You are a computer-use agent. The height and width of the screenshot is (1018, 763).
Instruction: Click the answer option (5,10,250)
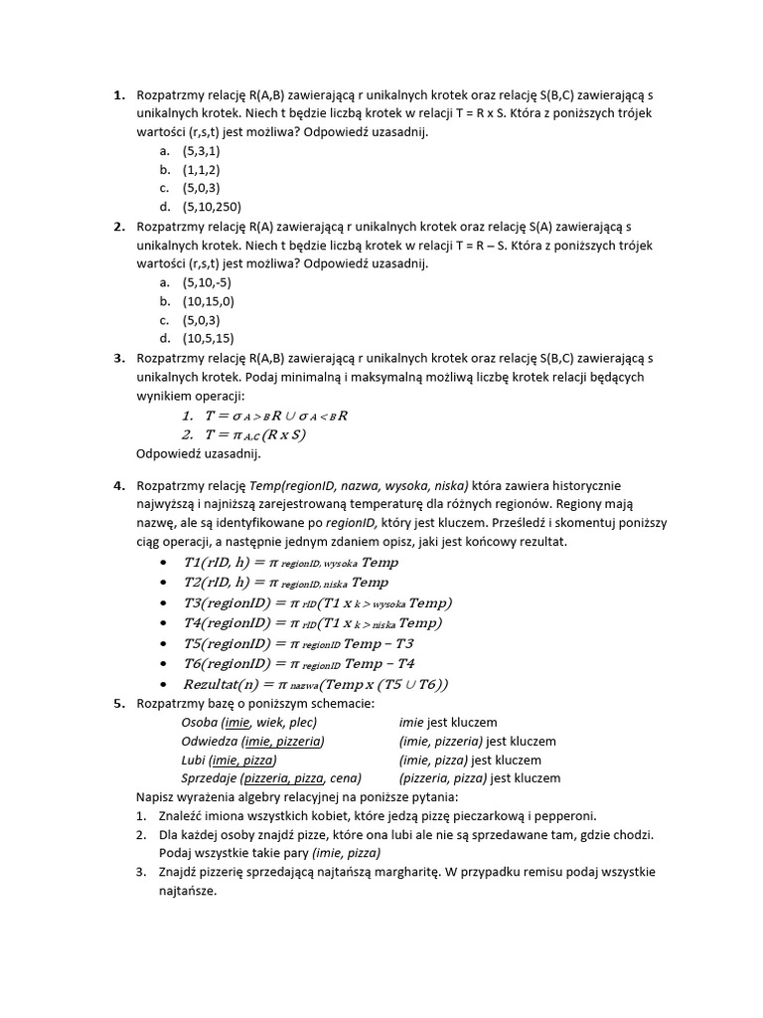(x=212, y=207)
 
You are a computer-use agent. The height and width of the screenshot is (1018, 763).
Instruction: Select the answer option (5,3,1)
(x=201, y=151)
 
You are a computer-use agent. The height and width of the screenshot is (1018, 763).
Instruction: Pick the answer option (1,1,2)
(x=201, y=170)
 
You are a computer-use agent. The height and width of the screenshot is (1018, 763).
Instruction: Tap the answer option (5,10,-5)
(x=206, y=282)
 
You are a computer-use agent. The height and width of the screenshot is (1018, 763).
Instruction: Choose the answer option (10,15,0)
(x=208, y=301)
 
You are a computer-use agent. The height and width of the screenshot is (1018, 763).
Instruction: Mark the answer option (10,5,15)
(x=208, y=338)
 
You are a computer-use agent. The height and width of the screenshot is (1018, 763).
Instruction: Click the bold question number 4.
(x=118, y=485)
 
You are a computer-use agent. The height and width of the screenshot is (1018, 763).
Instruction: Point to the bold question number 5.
(x=118, y=704)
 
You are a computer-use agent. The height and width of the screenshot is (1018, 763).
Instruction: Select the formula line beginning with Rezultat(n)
(x=316, y=684)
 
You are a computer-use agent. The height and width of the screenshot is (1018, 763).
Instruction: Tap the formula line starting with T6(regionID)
(x=299, y=663)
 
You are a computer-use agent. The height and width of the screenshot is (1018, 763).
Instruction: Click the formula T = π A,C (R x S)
(x=256, y=434)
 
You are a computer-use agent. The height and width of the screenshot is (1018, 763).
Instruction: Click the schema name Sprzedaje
(x=210, y=778)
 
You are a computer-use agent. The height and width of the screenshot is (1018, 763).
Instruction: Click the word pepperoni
(x=565, y=817)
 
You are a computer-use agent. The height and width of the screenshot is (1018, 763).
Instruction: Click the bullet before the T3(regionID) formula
(x=162, y=604)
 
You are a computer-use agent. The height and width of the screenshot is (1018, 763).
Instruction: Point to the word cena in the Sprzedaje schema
(x=343, y=778)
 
